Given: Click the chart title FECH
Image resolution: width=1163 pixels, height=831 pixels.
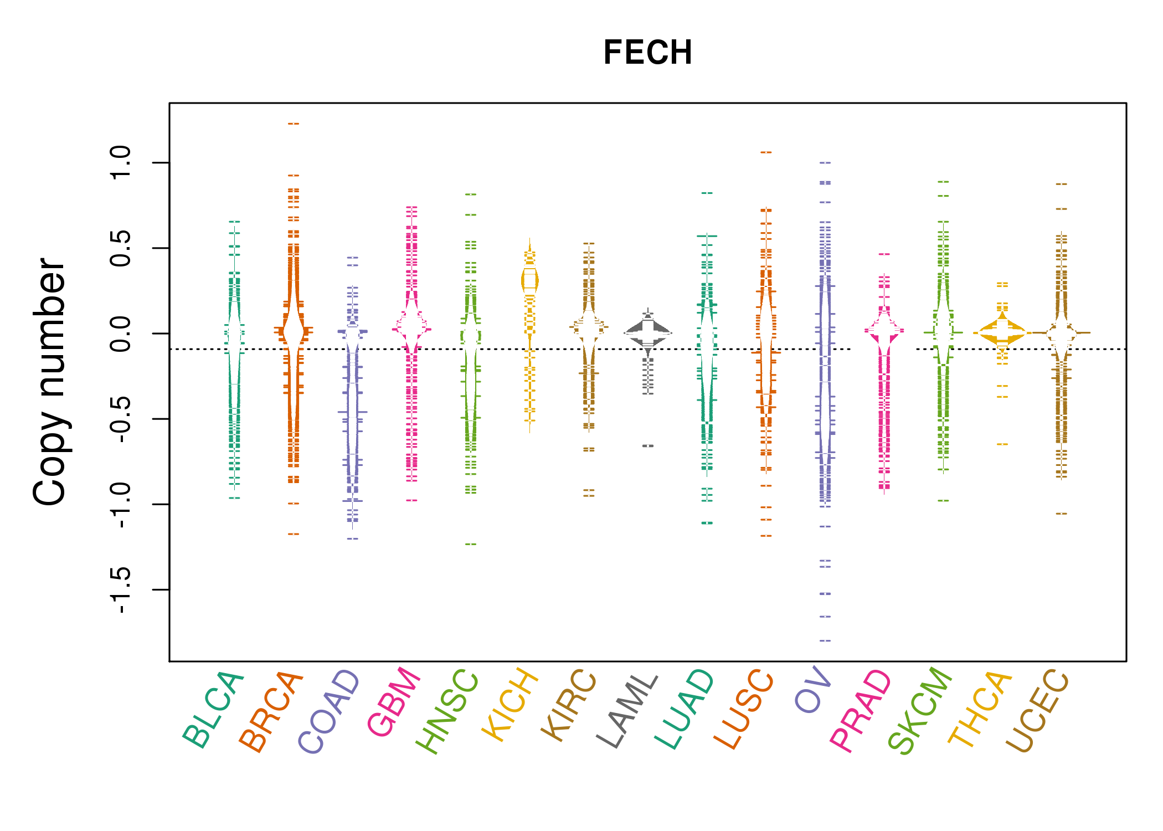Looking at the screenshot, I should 647,53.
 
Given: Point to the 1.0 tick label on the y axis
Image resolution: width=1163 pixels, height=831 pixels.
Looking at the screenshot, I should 120,163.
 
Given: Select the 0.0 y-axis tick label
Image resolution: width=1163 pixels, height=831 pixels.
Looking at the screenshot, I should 120,334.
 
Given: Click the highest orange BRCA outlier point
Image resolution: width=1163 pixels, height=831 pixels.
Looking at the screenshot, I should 294,124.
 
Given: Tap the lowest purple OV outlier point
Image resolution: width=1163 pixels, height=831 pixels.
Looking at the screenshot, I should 825,641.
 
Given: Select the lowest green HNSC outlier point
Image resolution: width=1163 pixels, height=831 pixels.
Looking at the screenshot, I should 471,545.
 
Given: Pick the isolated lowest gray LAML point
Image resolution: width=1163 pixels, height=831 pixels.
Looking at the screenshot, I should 648,446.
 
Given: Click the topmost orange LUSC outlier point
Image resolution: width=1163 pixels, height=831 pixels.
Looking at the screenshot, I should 766,152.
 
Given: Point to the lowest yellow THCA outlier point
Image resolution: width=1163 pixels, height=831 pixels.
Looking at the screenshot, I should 1002,444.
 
